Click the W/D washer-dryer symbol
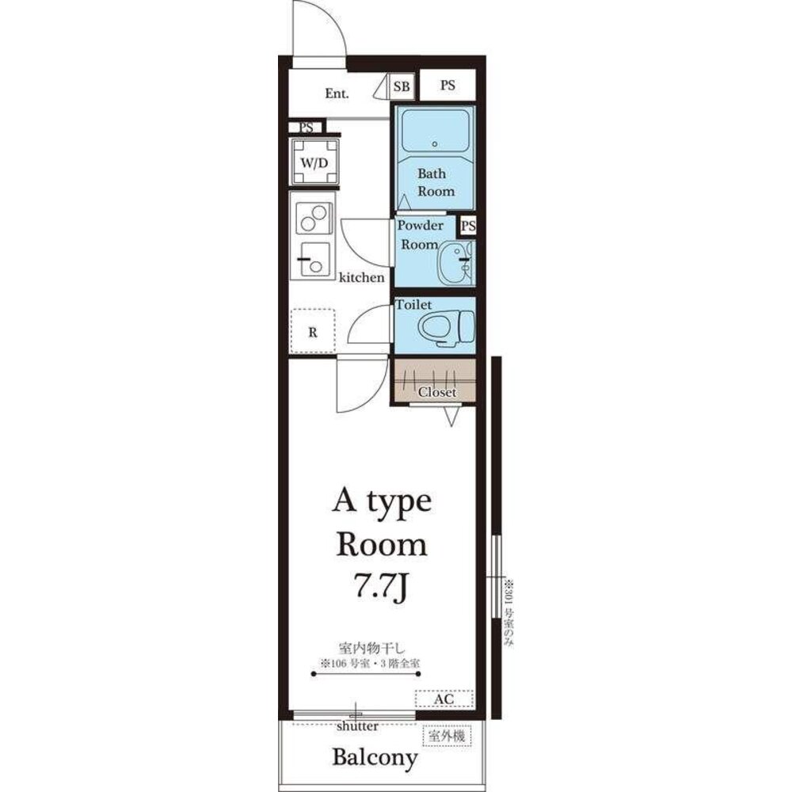click(x=314, y=162)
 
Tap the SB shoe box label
click(x=402, y=86)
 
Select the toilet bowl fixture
click(x=447, y=328)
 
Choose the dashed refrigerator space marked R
click(x=313, y=331)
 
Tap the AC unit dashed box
click(x=444, y=699)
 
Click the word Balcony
click(x=375, y=758)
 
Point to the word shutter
click(x=357, y=726)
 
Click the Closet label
click(x=437, y=392)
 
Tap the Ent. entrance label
click(x=337, y=93)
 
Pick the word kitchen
click(x=361, y=277)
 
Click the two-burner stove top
click(x=314, y=219)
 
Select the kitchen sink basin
click(x=314, y=259)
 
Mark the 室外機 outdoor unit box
click(x=447, y=736)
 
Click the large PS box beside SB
click(x=447, y=85)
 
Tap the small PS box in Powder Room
click(x=468, y=225)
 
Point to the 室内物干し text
click(x=372, y=648)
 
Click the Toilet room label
click(x=413, y=305)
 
